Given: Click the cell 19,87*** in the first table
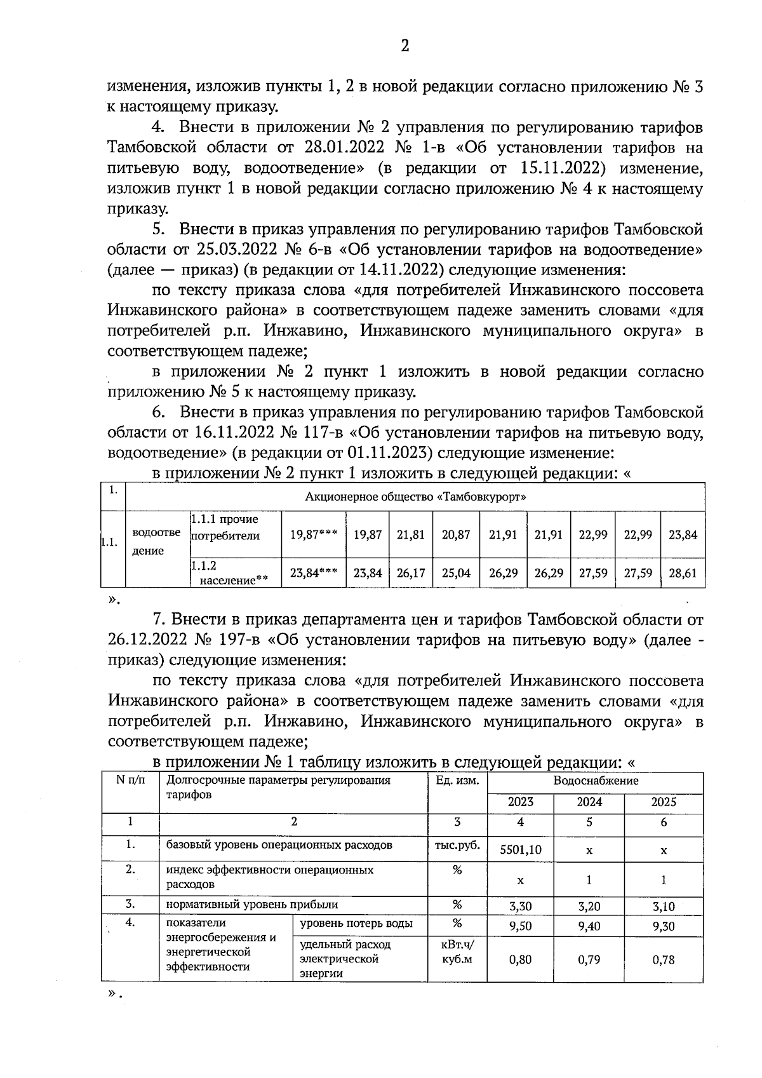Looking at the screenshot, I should click(x=313, y=535).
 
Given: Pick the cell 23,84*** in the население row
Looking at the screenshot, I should click(x=313, y=573).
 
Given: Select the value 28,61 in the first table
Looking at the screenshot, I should click(x=683, y=573).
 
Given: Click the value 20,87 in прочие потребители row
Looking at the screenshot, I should click(x=456, y=535).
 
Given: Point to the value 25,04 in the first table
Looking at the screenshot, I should click(x=456, y=573).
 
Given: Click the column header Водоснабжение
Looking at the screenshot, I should click(x=596, y=781).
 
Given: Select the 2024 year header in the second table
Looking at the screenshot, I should click(x=589, y=802).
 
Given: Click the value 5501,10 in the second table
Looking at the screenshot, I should click(x=520, y=849).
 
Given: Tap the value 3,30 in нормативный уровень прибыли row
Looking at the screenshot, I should click(x=520, y=906).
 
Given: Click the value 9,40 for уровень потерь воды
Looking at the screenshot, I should click(x=589, y=926).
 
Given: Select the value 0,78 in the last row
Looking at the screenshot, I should click(x=664, y=960).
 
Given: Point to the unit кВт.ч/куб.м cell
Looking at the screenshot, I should click(x=457, y=952).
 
